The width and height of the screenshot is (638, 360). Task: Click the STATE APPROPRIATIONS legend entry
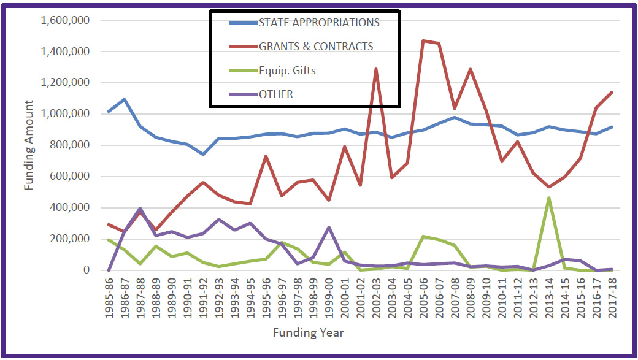(x=318, y=23)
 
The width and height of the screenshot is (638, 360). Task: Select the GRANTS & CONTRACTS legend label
(x=315, y=47)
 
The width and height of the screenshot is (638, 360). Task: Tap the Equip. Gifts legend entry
(x=287, y=71)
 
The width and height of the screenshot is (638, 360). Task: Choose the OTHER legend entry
(x=276, y=94)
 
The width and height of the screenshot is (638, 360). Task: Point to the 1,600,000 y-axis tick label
(x=66, y=20)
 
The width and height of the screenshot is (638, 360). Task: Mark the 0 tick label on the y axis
(x=87, y=270)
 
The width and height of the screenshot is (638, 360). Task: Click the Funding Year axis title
(x=309, y=333)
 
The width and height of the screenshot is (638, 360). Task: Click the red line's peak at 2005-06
(x=423, y=41)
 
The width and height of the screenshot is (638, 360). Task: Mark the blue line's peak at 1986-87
(x=125, y=99)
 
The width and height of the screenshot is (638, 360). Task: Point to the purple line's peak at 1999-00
(x=329, y=228)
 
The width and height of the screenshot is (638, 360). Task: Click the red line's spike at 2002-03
(x=375, y=69)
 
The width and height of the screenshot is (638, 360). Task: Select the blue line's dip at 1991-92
(x=203, y=154)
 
